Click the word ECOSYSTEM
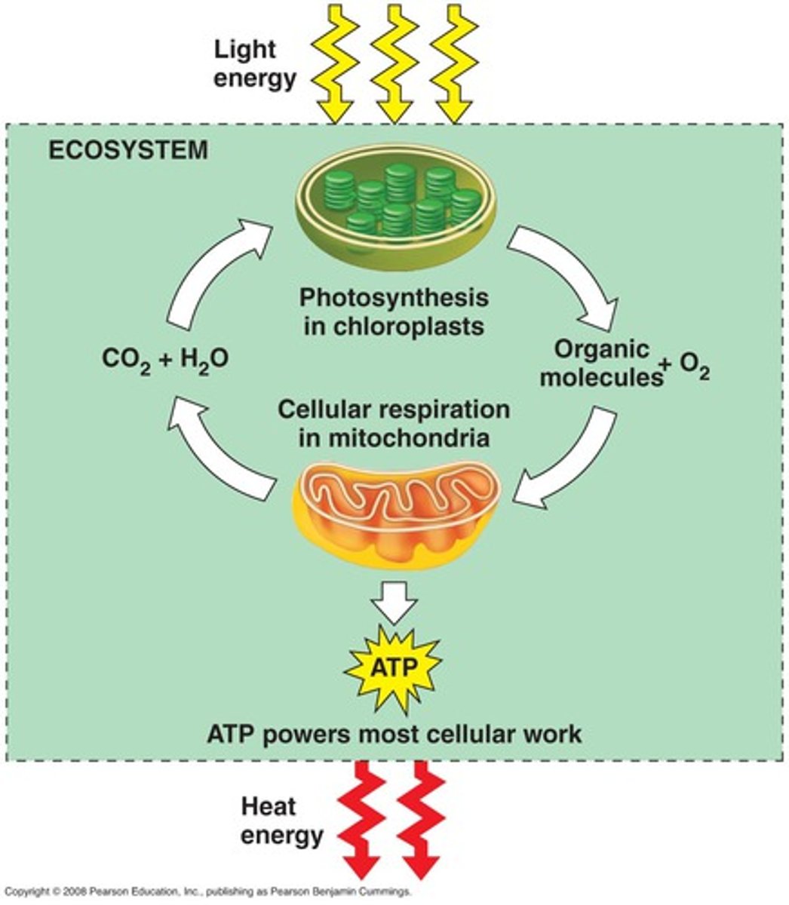coord(128,150)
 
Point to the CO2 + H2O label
coord(165,360)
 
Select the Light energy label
coord(254,64)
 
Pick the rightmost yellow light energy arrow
coord(455,64)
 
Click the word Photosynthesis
coord(394,297)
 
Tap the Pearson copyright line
coord(207,891)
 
